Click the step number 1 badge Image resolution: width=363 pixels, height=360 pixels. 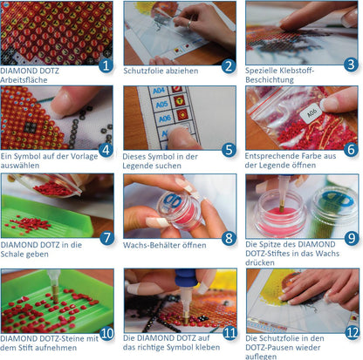[x=106, y=65]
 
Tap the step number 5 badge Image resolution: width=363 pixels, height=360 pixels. [x=229, y=150]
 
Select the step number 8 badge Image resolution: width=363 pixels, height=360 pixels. [x=229, y=238]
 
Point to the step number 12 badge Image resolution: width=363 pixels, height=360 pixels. [x=353, y=333]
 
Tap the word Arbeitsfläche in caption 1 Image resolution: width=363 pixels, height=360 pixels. [x=24, y=80]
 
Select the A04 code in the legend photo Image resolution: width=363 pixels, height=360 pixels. [x=159, y=91]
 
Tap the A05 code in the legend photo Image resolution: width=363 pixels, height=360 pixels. [x=161, y=104]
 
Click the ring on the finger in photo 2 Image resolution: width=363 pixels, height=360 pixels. [x=189, y=24]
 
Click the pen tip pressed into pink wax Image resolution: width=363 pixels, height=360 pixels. [x=281, y=207]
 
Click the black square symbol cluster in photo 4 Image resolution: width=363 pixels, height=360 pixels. [x=31, y=126]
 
